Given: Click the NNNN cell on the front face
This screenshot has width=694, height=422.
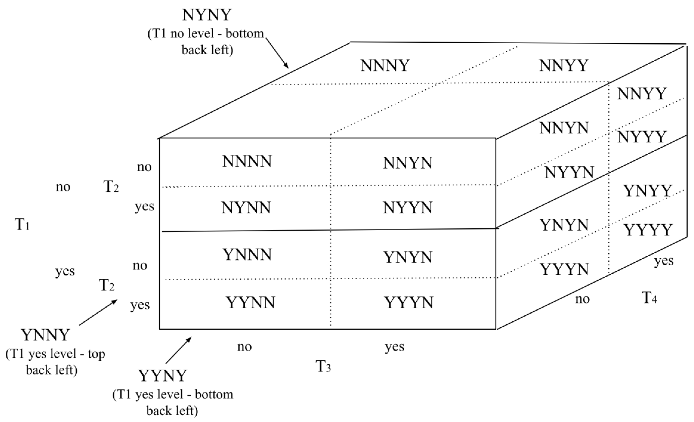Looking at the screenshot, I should click(247, 162).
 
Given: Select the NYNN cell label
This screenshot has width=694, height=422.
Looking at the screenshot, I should click(246, 208).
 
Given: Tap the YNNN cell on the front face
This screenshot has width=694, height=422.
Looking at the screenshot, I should click(247, 254).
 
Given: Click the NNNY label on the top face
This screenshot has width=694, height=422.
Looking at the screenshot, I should click(385, 66).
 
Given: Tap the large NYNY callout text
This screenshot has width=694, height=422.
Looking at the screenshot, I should click(207, 15).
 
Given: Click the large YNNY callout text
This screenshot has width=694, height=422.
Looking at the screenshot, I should click(45, 335).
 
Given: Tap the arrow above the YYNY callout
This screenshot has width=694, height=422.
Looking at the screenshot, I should click(178, 350).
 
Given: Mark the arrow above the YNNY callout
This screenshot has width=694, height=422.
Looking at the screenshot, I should click(98, 312).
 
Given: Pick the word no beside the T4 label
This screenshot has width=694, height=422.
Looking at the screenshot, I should click(582, 299).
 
